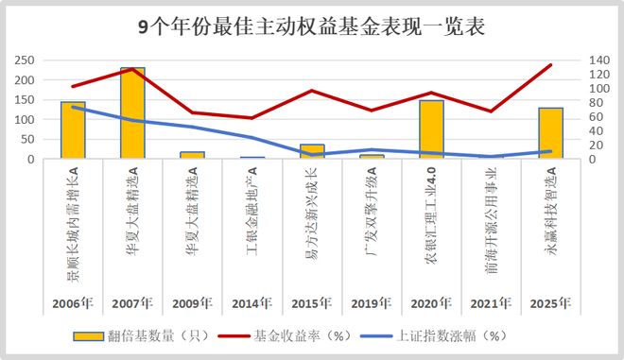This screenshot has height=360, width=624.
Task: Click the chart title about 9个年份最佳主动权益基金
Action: tap(311, 26)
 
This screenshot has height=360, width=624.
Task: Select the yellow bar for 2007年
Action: tap(132, 113)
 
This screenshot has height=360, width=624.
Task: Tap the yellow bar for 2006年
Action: tap(73, 130)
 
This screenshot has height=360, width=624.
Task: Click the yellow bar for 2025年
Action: tap(550, 133)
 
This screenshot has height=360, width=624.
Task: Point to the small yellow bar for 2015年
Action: tap(312, 151)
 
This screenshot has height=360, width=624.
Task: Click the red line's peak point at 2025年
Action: tap(550, 65)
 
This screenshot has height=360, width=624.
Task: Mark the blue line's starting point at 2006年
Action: tap(73, 107)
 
